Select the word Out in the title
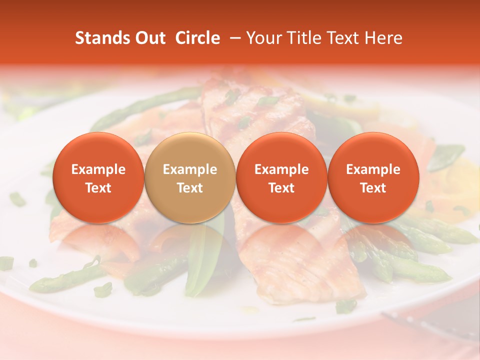(149, 38)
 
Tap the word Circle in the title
(197, 38)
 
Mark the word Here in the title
(384, 38)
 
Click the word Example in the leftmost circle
(98, 169)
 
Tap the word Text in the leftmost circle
(98, 188)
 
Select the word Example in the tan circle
(190, 169)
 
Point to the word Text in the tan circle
(190, 188)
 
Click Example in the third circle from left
(281, 169)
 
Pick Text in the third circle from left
(281, 188)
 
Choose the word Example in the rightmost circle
(373, 169)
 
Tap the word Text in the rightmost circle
(373, 188)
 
